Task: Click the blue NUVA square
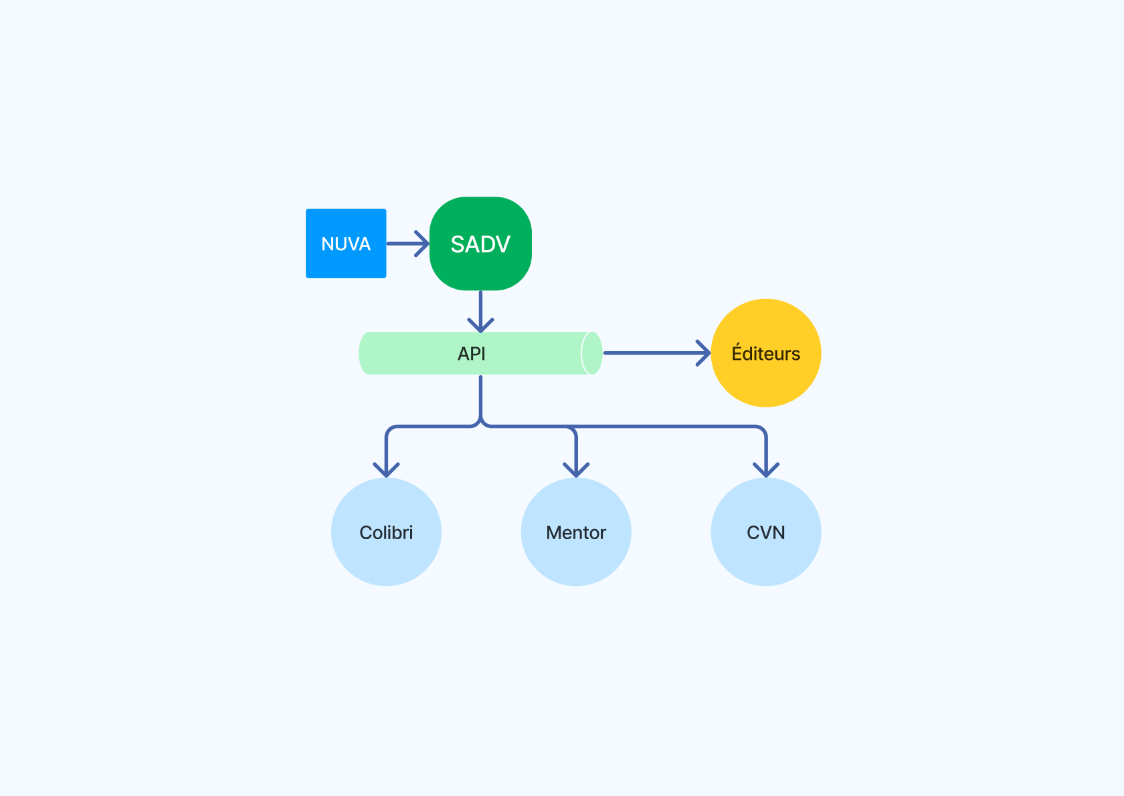point(346,243)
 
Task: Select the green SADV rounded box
point(480,243)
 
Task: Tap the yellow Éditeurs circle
point(765,353)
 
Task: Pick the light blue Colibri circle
point(386,532)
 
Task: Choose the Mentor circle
point(576,532)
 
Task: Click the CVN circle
point(765,532)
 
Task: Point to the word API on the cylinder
point(471,354)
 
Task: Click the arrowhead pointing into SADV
point(422,243)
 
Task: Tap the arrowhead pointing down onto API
point(480,325)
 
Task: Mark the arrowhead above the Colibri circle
point(386,470)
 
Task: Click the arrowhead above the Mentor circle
point(576,470)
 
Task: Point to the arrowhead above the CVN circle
point(765,470)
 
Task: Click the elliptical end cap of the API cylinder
point(591,353)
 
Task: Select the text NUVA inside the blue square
point(346,243)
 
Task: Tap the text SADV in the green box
point(480,244)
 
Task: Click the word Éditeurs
point(765,353)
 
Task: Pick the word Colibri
point(386,532)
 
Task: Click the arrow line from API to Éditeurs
point(657,353)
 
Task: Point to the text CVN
point(765,532)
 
